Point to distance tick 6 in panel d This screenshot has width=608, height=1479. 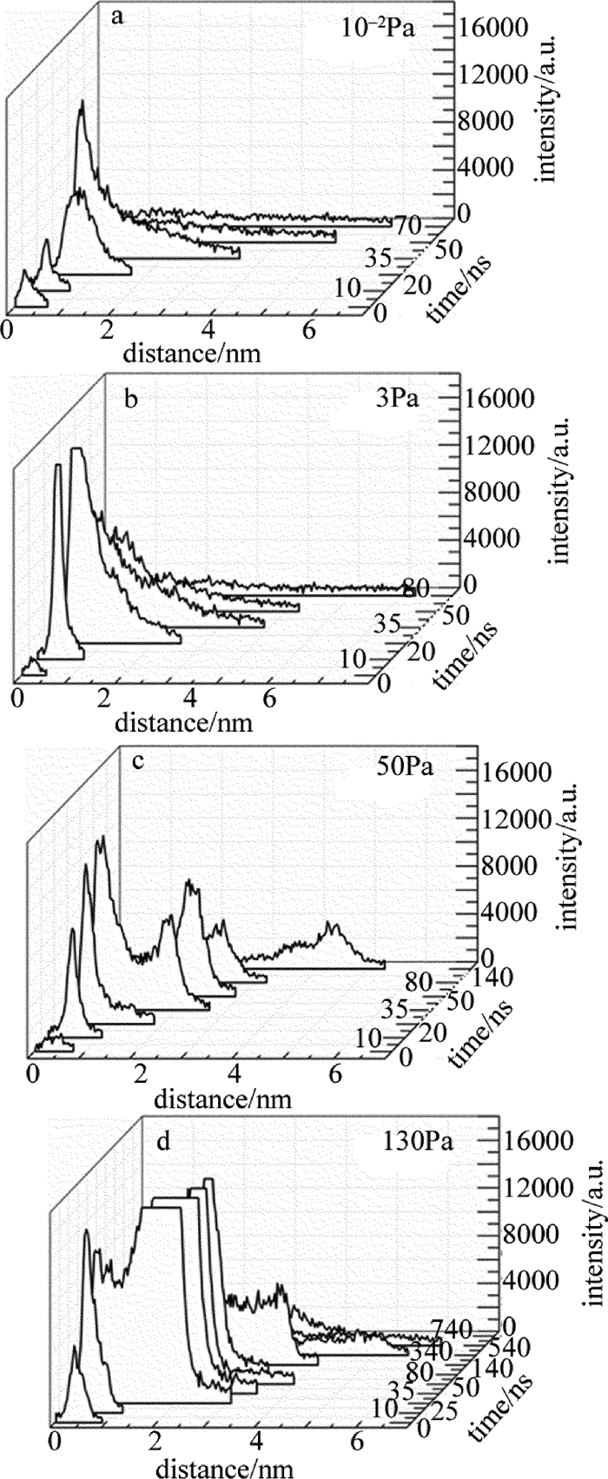(355, 1438)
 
